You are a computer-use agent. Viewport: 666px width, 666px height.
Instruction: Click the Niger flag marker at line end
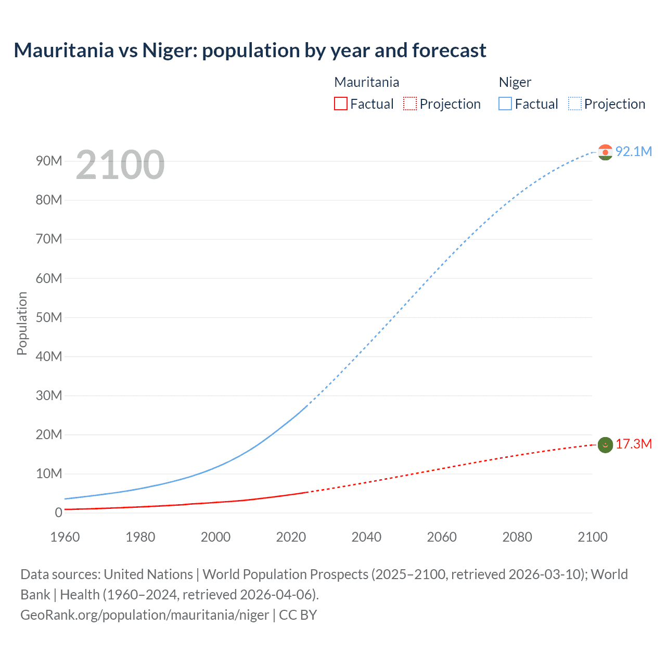click(605, 152)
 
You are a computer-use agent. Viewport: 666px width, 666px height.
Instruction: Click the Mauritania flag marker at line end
click(605, 445)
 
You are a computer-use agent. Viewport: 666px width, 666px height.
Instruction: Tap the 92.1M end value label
click(633, 151)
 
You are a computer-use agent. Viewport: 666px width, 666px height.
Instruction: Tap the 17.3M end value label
click(633, 444)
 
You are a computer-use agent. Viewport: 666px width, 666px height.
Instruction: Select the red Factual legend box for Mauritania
click(340, 104)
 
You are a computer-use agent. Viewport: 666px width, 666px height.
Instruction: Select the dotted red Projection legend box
click(410, 104)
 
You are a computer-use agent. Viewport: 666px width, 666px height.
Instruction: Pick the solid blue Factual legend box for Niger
click(505, 104)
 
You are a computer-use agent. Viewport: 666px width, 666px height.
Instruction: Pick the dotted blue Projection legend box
click(575, 104)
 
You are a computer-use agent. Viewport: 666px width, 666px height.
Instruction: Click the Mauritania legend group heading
click(366, 82)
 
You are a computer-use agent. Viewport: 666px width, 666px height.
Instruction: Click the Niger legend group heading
click(515, 82)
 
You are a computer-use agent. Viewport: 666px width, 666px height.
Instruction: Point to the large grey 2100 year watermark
click(120, 165)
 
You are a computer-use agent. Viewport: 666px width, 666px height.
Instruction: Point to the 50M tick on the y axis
click(49, 317)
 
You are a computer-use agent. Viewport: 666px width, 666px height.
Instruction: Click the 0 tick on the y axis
click(58, 513)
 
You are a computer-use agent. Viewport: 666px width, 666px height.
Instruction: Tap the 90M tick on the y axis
click(49, 161)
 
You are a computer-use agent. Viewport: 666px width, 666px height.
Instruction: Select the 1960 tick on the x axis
click(65, 537)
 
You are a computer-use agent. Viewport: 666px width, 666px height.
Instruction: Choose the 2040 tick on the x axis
click(366, 537)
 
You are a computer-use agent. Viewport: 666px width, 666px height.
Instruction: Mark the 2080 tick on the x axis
click(517, 537)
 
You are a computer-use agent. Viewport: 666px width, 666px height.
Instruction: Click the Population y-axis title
click(22, 323)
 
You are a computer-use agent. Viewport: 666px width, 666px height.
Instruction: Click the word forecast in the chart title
click(449, 50)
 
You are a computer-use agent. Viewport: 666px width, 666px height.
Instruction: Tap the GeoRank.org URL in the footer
click(145, 615)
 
